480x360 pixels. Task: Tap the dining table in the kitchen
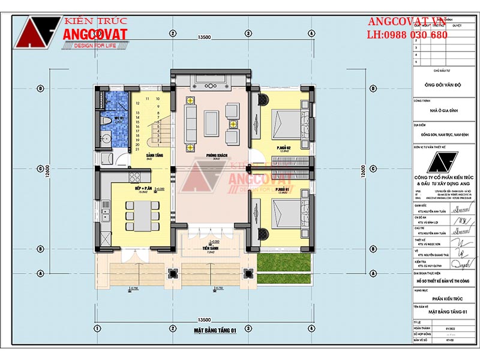click(x=143, y=214)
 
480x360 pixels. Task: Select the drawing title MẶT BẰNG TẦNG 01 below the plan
click(x=215, y=330)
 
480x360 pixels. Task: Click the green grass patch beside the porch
click(x=278, y=263)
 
